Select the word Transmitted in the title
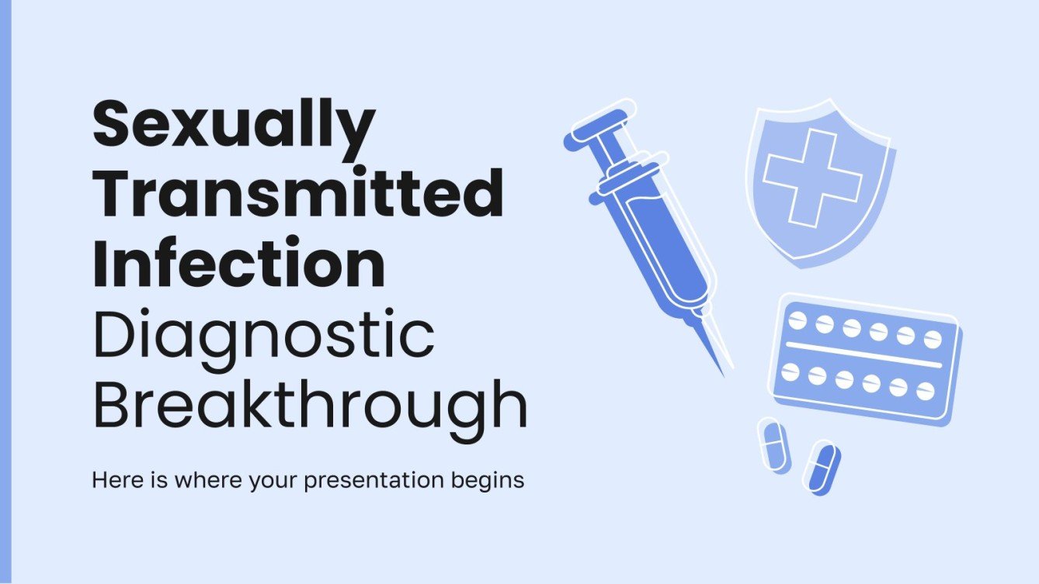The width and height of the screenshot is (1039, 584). point(297,194)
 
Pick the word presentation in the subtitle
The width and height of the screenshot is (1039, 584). point(374,481)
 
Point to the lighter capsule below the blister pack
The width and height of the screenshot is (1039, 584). point(773,445)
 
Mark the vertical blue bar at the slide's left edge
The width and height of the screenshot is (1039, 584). point(5,292)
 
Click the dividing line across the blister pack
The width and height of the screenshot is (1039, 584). point(864,353)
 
